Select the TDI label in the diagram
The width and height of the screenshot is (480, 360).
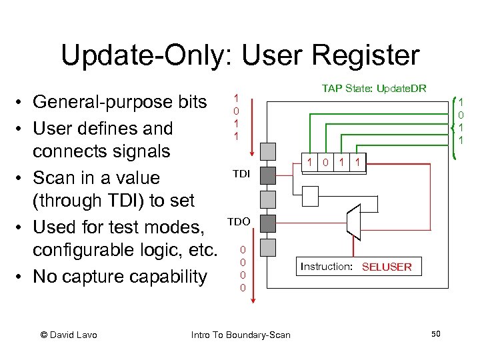241,173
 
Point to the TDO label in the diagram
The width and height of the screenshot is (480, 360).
239,221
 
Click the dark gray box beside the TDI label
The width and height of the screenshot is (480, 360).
267,175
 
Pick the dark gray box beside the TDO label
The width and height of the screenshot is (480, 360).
267,223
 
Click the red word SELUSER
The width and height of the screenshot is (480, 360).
387,267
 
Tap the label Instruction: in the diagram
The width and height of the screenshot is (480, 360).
326,267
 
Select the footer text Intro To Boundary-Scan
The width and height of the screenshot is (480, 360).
241,335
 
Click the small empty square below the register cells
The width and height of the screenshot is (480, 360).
311,195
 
